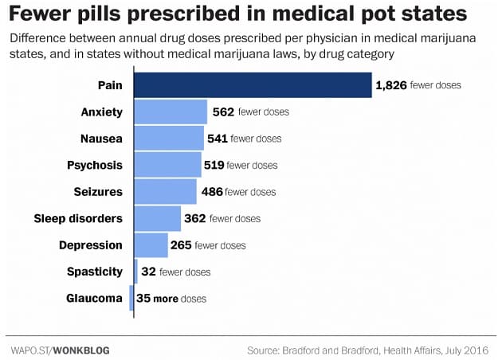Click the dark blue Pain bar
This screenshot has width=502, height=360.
point(253,85)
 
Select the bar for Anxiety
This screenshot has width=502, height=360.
point(171,112)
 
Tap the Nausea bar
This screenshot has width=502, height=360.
point(169,139)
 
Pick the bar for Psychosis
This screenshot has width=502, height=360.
point(167,166)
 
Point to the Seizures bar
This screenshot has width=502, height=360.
point(165,192)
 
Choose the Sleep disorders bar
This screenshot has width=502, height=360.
point(158,218)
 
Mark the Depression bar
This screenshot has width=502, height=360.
point(151,245)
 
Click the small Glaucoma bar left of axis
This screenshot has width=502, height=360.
point(131,299)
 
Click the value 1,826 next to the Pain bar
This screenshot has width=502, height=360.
point(391,84)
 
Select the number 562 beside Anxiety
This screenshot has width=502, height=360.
point(223,112)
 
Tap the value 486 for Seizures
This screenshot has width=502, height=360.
point(211,192)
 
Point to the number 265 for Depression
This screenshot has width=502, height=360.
point(181,245)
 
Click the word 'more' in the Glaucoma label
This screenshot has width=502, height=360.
point(168,299)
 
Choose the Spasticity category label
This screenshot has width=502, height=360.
point(95,272)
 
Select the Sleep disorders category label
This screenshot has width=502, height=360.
point(78,218)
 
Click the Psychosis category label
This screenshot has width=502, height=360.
point(95,166)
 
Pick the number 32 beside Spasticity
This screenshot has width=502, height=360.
point(148,272)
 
